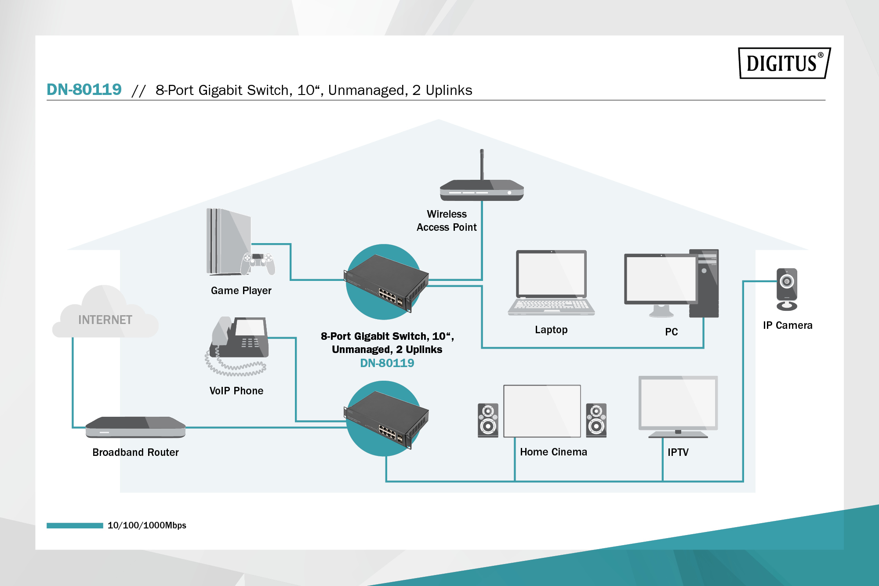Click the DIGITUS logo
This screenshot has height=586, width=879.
[784, 63]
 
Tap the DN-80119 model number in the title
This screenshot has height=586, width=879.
[84, 90]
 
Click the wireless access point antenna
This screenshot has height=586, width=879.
[482, 164]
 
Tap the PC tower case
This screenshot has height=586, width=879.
[705, 284]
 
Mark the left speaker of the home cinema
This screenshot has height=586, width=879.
[488, 420]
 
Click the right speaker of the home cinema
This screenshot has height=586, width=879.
[596, 420]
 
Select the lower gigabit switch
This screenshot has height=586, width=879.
[385, 419]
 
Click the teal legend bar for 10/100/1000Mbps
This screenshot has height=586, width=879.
[75, 525]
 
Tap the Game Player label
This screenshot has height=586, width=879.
[241, 291]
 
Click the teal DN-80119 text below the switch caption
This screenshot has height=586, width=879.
[387, 363]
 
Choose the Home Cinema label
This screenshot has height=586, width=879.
[553, 452]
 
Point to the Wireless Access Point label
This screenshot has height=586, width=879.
[447, 221]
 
